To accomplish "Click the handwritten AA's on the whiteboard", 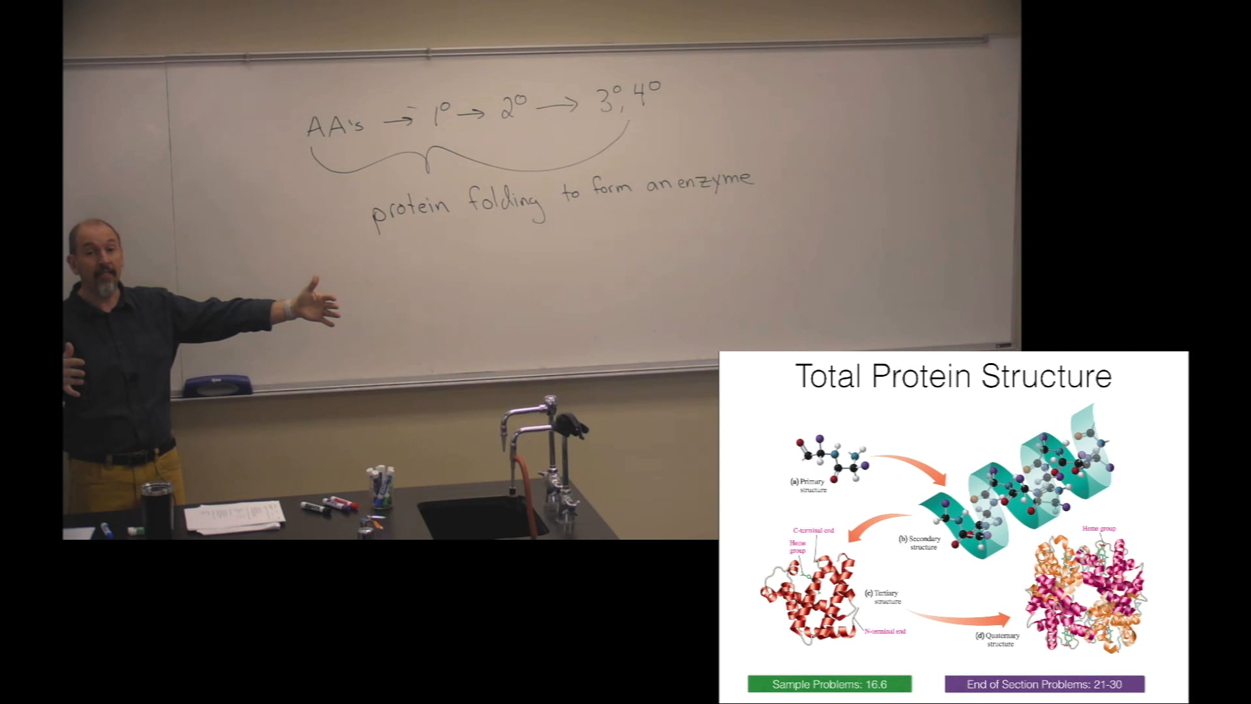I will coord(335,125).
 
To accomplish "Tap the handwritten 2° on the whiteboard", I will coord(513,108).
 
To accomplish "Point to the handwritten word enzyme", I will coord(715,181).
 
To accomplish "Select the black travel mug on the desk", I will coord(157,509).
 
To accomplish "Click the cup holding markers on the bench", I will coord(382,489).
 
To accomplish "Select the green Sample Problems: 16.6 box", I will coord(829,684).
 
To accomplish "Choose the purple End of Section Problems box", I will coord(1044,684).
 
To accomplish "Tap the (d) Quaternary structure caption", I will coord(998,639).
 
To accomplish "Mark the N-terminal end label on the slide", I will coord(885,631).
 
